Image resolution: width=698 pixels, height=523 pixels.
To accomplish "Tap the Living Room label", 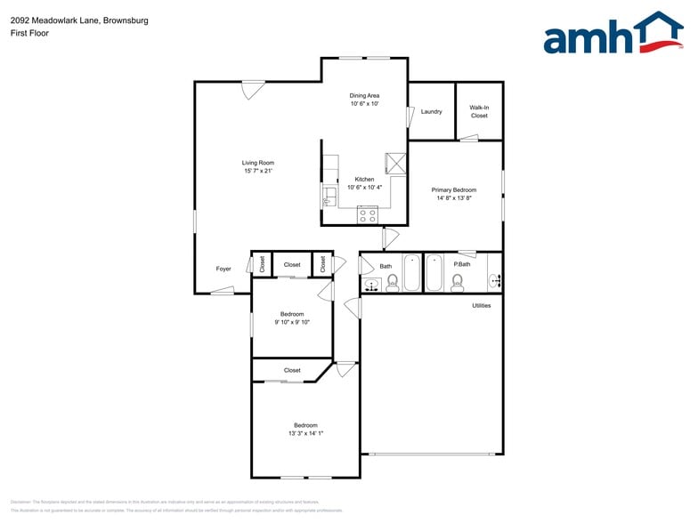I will click(x=258, y=163).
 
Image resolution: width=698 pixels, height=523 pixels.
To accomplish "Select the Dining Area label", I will click(x=364, y=95).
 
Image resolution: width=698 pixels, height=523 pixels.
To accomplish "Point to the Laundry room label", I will click(x=431, y=112).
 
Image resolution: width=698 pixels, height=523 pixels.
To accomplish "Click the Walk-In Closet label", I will click(x=479, y=112).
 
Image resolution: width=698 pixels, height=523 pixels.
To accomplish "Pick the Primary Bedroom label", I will click(x=454, y=190).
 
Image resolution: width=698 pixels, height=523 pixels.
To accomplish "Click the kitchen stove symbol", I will click(x=367, y=213).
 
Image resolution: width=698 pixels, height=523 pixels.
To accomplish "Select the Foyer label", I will click(x=223, y=269).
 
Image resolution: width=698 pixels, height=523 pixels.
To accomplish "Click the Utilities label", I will click(x=482, y=306).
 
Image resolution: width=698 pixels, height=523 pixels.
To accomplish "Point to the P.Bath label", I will click(x=462, y=264).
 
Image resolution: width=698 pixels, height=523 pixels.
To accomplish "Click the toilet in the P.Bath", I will click(x=458, y=282).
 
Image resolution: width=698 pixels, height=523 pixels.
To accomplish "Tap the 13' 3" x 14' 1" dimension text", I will click(x=305, y=434).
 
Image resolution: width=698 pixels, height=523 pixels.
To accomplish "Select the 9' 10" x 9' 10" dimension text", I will click(x=292, y=323).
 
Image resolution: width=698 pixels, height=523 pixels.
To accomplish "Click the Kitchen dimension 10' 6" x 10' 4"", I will click(x=364, y=188).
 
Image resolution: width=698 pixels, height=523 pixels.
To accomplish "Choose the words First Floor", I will click(x=30, y=33).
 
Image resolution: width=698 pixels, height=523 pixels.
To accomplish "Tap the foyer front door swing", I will click(x=223, y=289).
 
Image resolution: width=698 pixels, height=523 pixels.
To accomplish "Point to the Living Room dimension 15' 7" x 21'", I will click(x=258, y=172).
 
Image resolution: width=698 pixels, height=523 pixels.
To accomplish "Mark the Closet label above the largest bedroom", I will click(x=292, y=371).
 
